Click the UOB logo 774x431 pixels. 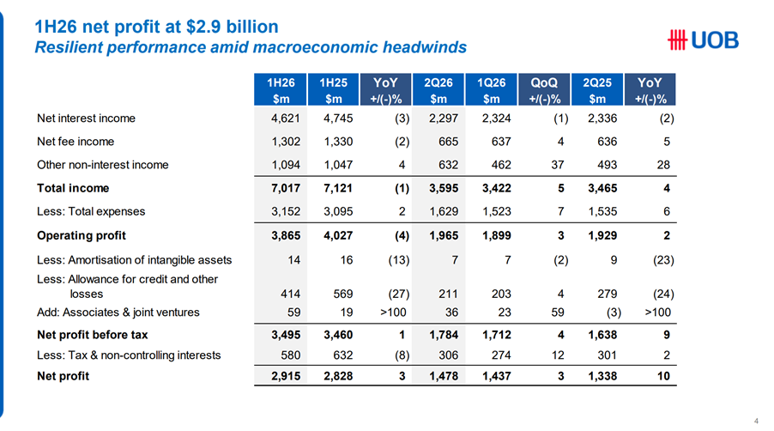click(703, 40)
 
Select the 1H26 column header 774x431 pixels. click(281, 90)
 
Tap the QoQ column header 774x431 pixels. click(544, 90)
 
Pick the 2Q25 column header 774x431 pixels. click(597, 90)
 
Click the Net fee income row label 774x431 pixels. click(76, 142)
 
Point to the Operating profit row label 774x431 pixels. click(82, 235)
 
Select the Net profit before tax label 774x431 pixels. click(93, 335)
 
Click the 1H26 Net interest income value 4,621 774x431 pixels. click(285, 118)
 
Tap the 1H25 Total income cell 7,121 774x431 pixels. click(338, 188)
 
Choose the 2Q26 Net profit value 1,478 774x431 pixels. click(444, 376)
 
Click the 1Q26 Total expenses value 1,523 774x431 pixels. click(497, 212)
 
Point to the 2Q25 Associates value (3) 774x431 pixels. click(614, 313)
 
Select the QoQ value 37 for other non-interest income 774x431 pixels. click(557, 165)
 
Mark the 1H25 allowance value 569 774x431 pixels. click(343, 294)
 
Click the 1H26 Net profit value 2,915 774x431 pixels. click(286, 376)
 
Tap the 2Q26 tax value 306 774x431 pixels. click(448, 355)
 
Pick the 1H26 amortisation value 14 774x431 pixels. click(294, 260)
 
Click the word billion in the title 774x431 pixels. click(252, 27)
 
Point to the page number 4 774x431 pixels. click(756, 421)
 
